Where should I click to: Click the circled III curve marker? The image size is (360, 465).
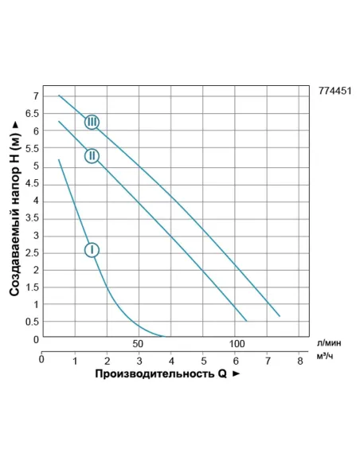(x=92, y=122)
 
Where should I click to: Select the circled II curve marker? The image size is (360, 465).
(x=92, y=155)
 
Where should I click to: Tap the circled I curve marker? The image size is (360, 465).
(x=92, y=250)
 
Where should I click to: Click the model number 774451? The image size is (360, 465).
(x=335, y=92)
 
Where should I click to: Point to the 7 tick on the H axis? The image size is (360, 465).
(x=36, y=96)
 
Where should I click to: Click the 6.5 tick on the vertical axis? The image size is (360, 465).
(x=33, y=114)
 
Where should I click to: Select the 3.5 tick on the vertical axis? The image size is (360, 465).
(x=33, y=217)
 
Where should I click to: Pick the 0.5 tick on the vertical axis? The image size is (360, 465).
(x=33, y=322)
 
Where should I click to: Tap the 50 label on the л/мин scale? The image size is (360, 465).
(x=138, y=344)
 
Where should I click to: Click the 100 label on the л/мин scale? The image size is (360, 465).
(x=236, y=344)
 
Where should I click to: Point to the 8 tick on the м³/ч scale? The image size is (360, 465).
(x=300, y=360)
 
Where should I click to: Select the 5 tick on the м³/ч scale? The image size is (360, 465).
(x=203, y=360)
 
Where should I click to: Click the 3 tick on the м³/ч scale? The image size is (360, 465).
(x=139, y=360)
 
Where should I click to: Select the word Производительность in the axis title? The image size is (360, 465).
(x=153, y=373)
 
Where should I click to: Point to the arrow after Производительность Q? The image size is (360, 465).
(x=235, y=373)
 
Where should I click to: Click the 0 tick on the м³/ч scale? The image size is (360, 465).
(x=42, y=359)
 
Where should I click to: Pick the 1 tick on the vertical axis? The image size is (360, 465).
(x=36, y=304)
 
